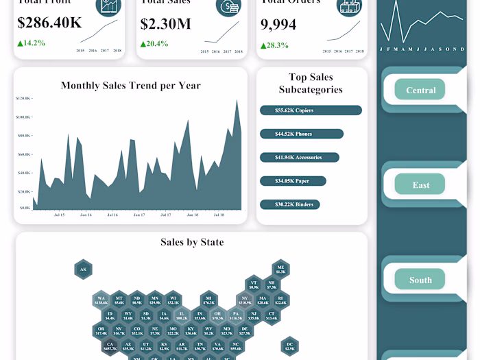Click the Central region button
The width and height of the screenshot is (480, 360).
(420, 90)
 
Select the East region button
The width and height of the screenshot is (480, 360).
(420, 184)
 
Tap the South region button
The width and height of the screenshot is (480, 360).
(420, 280)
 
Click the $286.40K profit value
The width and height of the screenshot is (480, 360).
(49, 23)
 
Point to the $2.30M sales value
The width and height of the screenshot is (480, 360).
(166, 23)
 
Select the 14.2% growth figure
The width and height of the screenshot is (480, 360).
(32, 43)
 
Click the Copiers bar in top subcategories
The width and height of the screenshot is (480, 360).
(311, 110)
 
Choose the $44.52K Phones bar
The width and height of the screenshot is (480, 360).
(302, 134)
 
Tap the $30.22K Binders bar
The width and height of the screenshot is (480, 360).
(290, 204)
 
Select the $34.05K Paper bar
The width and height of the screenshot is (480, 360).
(293, 181)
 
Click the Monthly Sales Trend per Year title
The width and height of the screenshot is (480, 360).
(130, 86)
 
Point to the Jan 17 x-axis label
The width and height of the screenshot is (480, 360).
(139, 215)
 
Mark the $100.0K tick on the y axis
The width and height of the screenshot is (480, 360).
(23, 117)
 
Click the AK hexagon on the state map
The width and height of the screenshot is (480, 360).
(83, 269)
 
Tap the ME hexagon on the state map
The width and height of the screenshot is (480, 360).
(280, 269)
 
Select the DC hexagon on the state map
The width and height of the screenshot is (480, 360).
(290, 346)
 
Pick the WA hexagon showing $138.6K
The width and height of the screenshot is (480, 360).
(101, 300)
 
